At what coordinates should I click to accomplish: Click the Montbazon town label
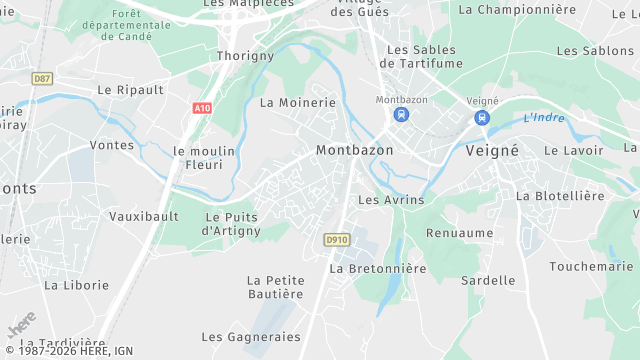(x=354, y=150)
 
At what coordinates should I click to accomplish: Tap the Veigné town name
(x=492, y=150)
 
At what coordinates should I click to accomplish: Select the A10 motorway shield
(x=201, y=106)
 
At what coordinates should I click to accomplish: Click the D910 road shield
(x=335, y=240)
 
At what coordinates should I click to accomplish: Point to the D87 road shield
(x=42, y=78)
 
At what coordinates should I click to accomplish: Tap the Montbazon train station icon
(x=401, y=115)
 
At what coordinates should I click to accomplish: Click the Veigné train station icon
(x=482, y=117)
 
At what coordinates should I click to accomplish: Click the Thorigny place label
(x=245, y=56)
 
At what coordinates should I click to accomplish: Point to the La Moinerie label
(x=298, y=103)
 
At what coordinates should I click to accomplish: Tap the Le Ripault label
(x=130, y=89)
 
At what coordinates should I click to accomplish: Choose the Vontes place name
(x=111, y=145)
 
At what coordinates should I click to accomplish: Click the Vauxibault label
(x=143, y=216)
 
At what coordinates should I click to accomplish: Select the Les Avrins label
(x=391, y=200)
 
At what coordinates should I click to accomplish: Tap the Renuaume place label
(x=460, y=233)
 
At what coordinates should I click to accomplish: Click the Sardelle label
(x=488, y=281)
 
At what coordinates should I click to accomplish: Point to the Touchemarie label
(x=591, y=267)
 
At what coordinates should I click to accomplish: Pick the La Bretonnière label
(x=378, y=269)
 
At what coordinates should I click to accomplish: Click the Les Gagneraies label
(x=251, y=337)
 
